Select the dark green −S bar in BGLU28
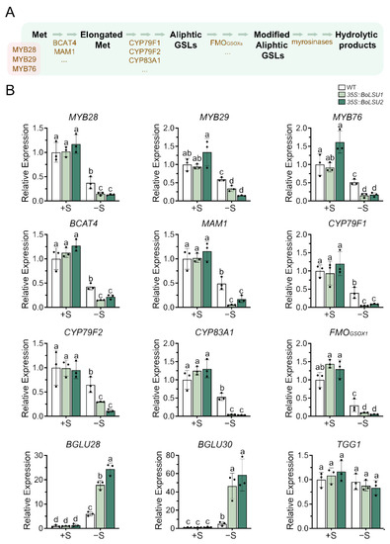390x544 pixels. click(109, 482)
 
